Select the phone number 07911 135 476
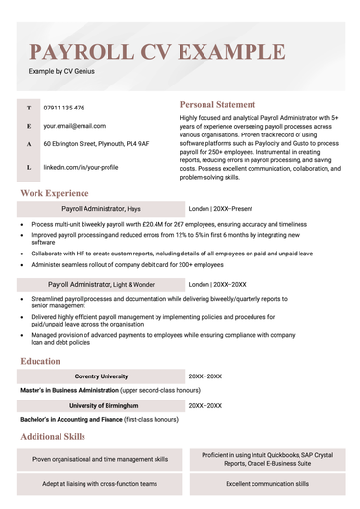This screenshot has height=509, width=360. point(64,108)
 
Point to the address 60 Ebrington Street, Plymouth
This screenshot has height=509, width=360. point(96,143)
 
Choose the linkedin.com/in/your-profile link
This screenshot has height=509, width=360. point(81,166)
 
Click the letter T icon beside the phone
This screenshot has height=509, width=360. point(29,108)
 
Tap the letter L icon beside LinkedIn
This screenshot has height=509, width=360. point(29,166)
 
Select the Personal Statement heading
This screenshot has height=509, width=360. point(218,104)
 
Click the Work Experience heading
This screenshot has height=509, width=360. point(61,193)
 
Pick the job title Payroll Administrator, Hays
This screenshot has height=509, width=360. point(101,208)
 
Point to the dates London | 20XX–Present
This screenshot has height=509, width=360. point(222,208)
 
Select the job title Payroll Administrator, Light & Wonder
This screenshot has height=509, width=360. point(108,284)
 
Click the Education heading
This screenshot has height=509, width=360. point(46,361)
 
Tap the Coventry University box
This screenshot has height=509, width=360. point(101,376)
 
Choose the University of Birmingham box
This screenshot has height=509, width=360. point(101,406)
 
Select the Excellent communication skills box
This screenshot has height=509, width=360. point(265,484)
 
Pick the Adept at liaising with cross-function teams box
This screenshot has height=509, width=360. point(100,484)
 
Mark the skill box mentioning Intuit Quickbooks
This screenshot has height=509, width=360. point(265,459)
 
